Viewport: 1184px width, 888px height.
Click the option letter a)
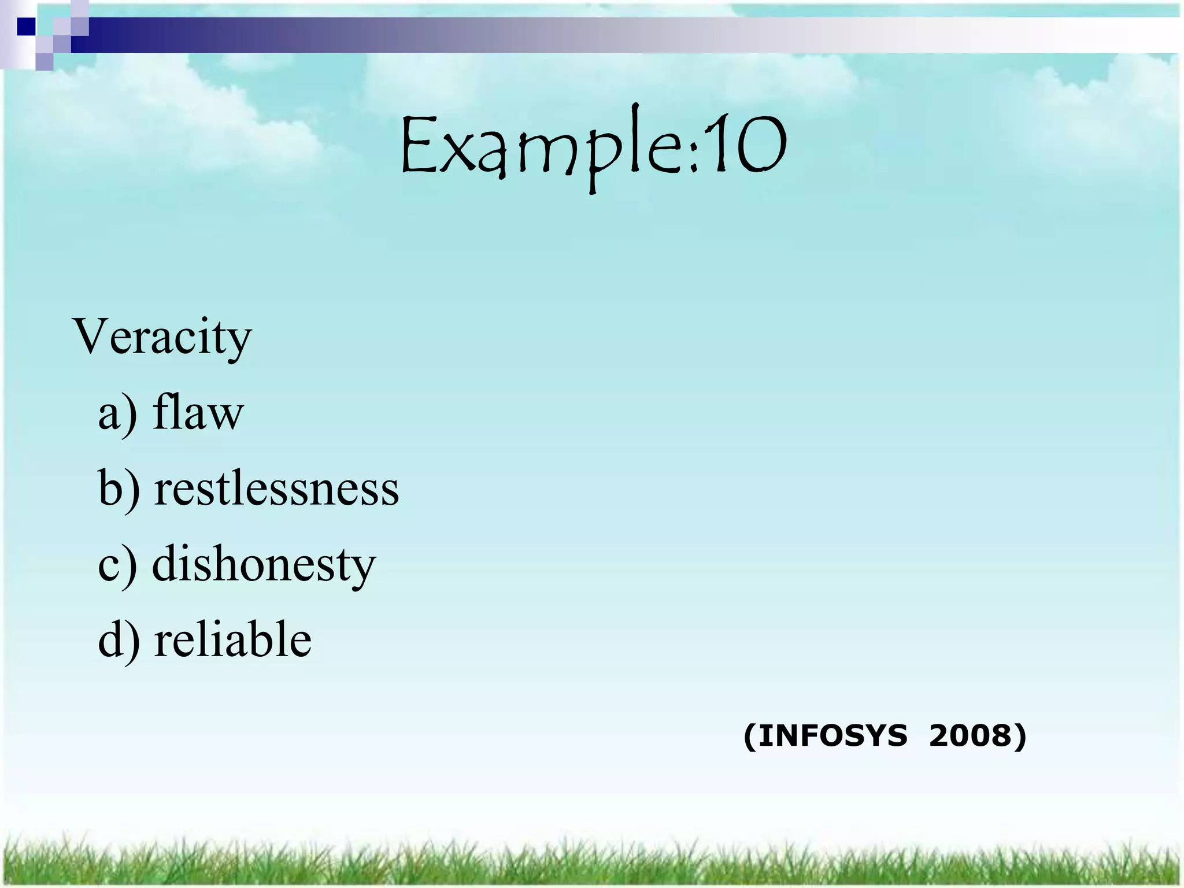click(117, 414)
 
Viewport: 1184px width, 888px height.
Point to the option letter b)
click(119, 489)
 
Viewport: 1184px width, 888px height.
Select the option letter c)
click(117, 565)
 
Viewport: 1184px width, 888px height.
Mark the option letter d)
click(119, 640)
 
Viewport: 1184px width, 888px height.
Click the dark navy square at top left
click(26, 27)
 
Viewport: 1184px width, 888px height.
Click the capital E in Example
click(420, 145)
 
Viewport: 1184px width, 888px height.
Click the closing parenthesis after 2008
click(1020, 737)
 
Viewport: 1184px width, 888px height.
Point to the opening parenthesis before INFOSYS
click(750, 737)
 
